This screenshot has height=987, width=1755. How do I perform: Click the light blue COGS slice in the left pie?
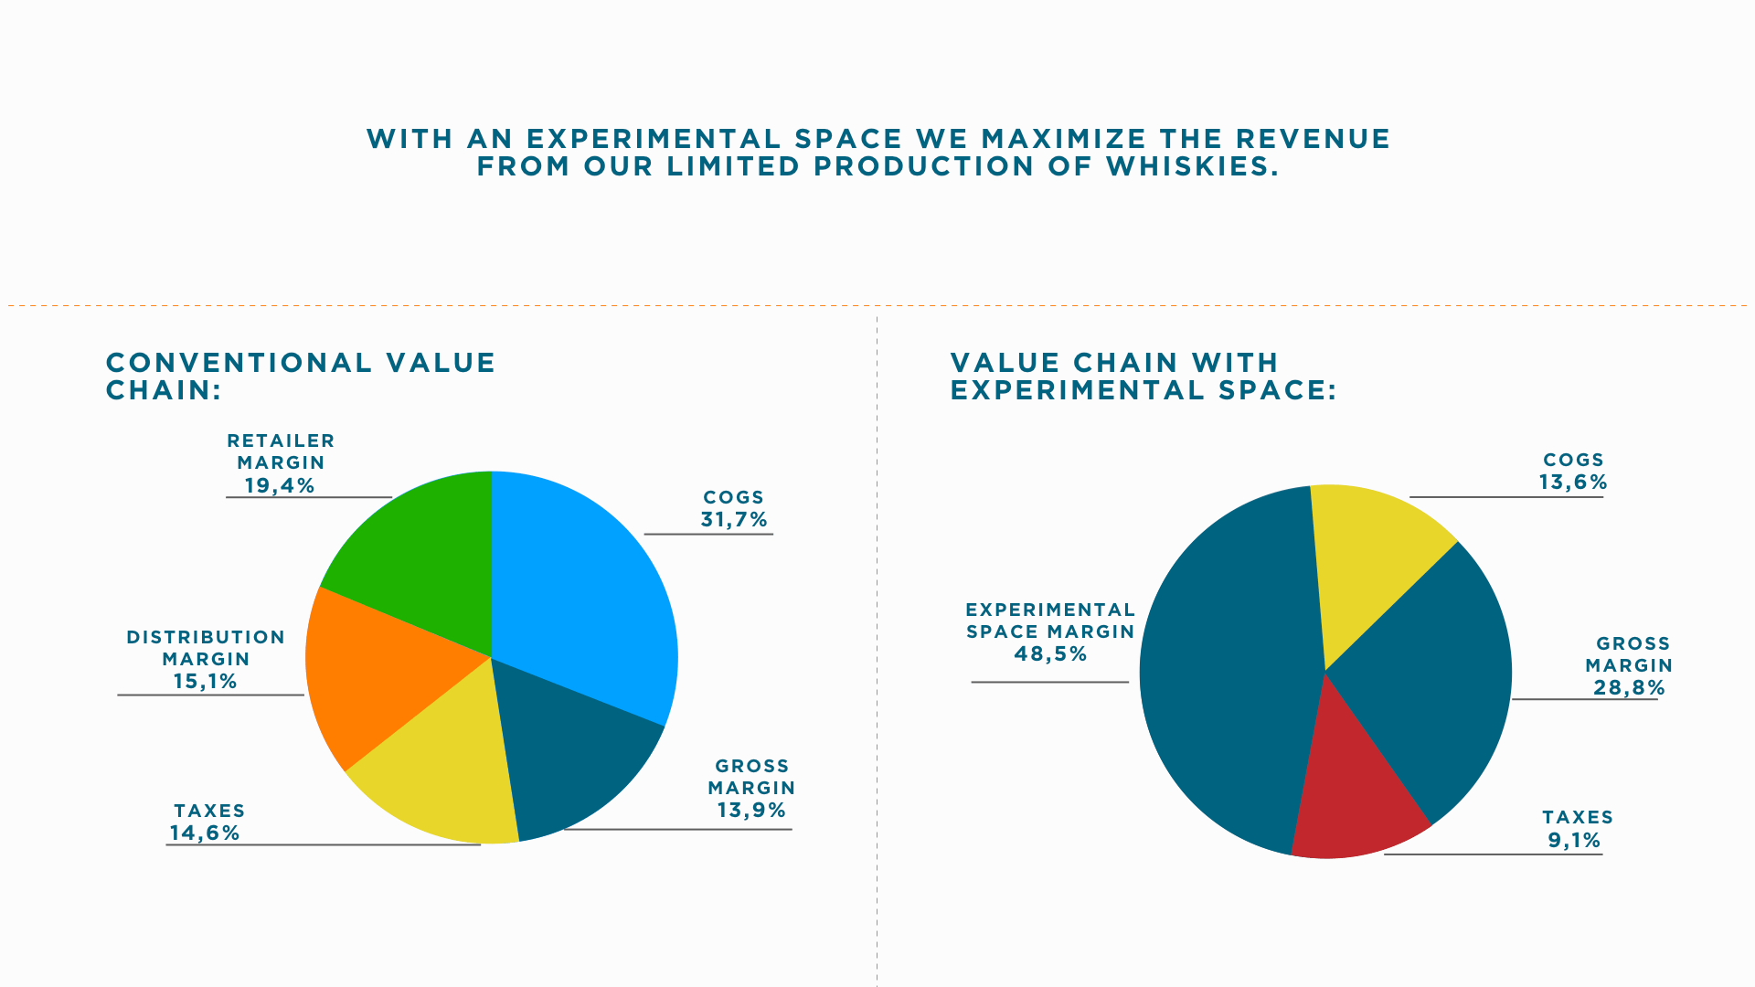(585, 585)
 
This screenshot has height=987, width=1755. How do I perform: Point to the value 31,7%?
(734, 520)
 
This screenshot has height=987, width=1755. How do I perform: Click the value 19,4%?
(280, 486)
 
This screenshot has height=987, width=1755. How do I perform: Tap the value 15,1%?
(206, 682)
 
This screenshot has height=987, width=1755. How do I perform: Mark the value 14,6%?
(205, 833)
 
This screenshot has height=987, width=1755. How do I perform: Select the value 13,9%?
(751, 811)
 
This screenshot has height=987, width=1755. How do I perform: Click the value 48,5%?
(1051, 654)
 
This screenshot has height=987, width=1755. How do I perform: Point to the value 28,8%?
(1629, 688)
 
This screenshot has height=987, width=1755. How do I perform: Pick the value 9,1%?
(1574, 841)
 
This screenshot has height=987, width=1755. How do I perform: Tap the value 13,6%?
(1573, 483)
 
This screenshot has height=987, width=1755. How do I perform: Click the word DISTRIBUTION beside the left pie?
(206, 638)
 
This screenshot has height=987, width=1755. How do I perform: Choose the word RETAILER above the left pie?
(281, 441)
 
